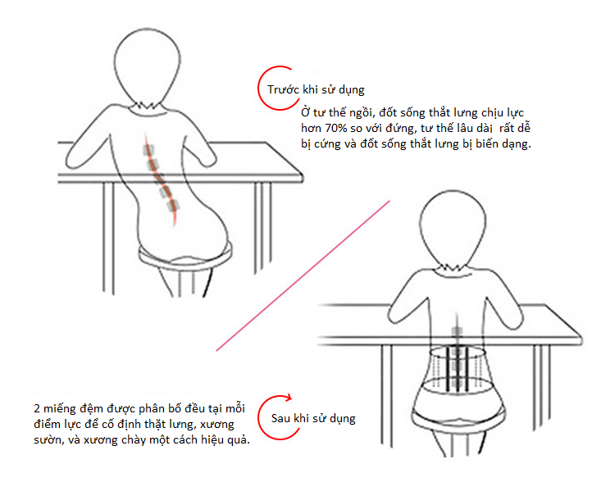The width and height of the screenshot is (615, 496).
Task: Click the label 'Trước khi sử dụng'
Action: [316, 90]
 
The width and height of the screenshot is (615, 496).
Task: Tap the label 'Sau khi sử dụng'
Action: [313, 418]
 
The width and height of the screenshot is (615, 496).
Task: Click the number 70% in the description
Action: [335, 128]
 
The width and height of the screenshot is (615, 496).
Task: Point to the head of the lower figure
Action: [453, 227]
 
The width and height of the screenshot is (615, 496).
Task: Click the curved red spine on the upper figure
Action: [160, 179]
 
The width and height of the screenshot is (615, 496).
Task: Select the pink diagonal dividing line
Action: [303, 275]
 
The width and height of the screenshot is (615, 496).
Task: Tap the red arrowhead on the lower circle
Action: [289, 398]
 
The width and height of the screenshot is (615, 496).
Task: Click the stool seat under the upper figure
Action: [185, 259]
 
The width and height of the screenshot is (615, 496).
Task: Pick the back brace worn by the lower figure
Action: [458, 369]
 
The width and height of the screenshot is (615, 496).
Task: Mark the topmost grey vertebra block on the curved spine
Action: [148, 150]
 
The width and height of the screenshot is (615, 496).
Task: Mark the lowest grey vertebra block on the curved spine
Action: [172, 206]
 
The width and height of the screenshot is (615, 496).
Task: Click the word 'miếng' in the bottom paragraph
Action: [59, 409]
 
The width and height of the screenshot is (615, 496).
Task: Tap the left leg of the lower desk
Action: [387, 395]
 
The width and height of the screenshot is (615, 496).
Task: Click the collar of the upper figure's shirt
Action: [146, 107]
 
